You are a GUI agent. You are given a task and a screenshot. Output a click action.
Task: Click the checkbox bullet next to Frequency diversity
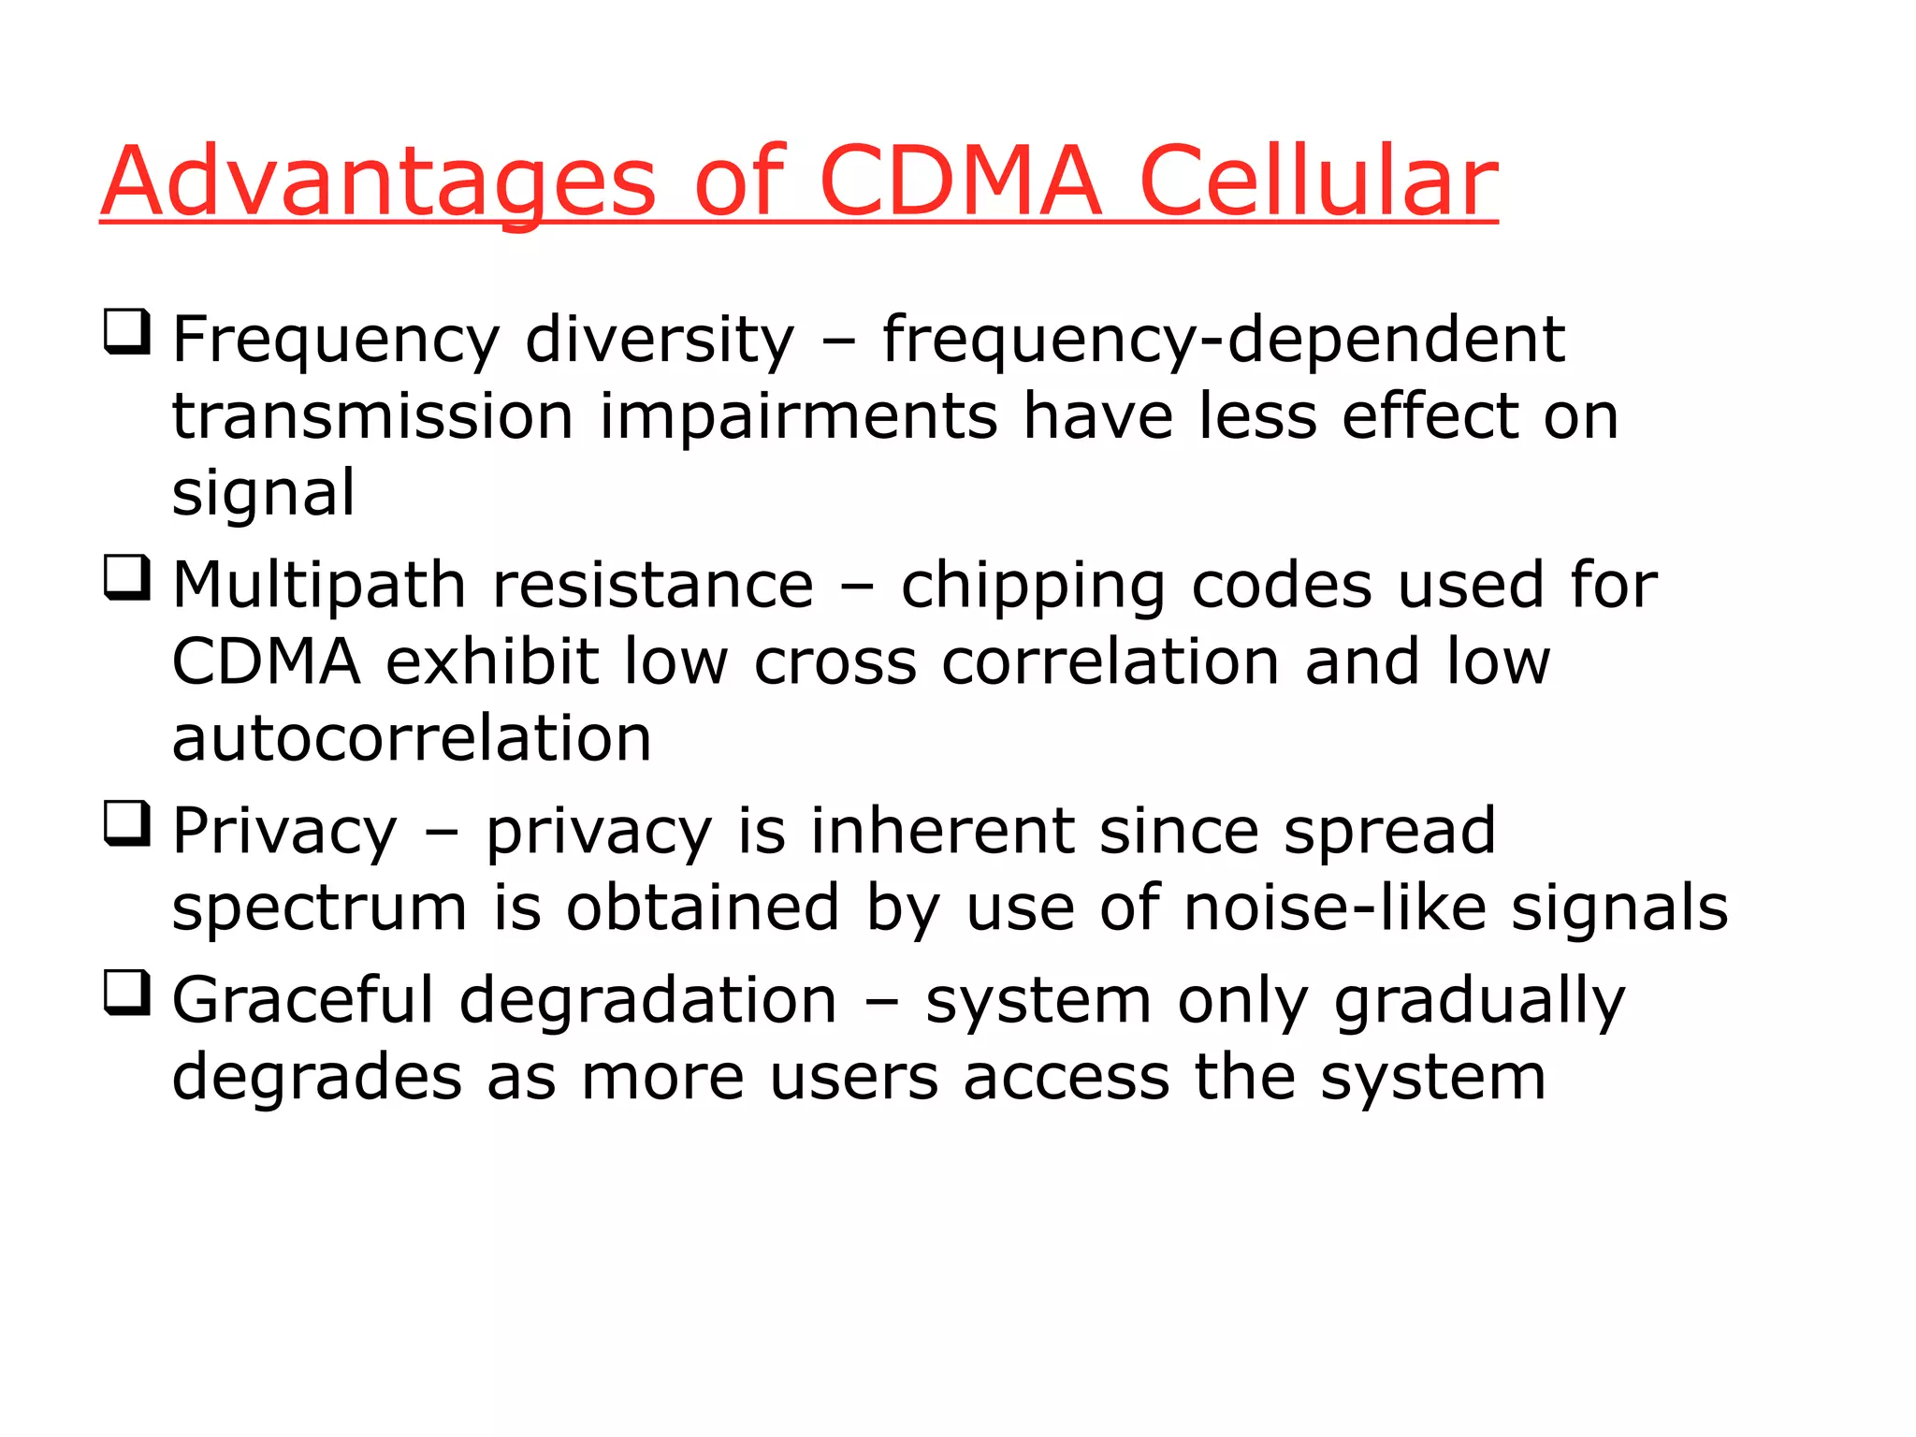coord(126,332)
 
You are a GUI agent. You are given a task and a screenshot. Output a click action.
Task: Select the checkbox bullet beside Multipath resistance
coord(126,578)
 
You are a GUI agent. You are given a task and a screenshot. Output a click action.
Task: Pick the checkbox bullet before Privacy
coord(126,824)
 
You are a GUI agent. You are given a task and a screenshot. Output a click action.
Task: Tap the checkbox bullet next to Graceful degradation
coord(126,994)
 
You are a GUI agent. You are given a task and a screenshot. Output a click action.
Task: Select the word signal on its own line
coord(263,493)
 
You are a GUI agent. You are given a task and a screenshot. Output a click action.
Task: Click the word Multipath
coord(319,586)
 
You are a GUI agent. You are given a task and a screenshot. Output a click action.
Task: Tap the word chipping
coord(1033,586)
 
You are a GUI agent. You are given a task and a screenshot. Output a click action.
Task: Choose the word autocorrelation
coord(412,738)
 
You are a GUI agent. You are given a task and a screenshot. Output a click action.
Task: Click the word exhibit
coord(492,661)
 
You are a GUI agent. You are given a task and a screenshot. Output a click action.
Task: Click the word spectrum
coord(319,909)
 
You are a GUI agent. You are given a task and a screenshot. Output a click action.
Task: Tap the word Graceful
coord(303,1000)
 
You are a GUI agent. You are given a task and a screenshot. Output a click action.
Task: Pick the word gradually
coord(1480,1002)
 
